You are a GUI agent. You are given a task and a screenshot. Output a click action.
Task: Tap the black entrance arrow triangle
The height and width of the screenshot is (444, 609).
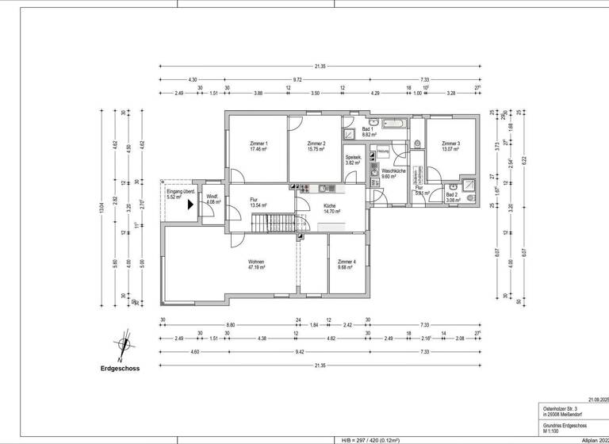(x=190, y=205)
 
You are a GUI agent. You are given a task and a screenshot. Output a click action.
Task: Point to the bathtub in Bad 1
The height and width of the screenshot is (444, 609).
(x=393, y=124)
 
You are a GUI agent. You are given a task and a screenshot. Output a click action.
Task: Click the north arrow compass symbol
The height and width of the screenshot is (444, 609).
(x=121, y=343)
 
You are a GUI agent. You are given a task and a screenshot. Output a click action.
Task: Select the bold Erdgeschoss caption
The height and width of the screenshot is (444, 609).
(x=120, y=369)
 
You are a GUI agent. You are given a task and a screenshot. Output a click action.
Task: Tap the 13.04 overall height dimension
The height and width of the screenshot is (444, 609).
(x=101, y=208)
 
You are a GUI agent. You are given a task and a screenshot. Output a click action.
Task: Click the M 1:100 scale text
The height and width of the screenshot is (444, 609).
(x=553, y=431)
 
